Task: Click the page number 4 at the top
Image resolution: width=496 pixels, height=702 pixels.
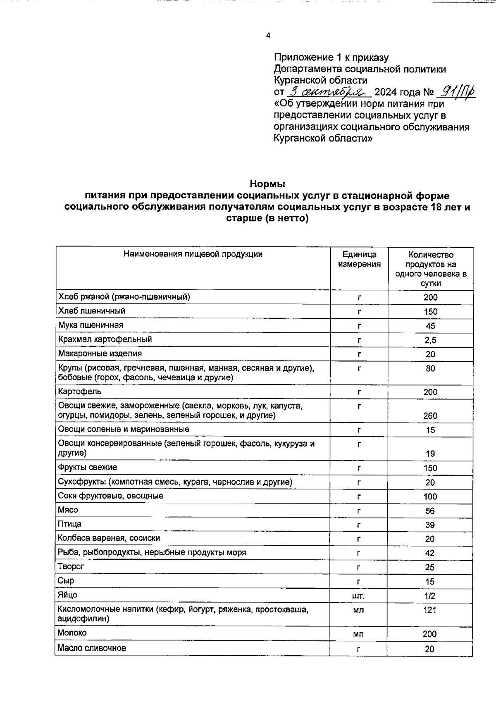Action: pos(268,36)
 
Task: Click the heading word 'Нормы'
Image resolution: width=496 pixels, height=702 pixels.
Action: pos(267,183)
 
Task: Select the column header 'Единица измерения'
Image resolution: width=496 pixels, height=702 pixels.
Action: pos(359,259)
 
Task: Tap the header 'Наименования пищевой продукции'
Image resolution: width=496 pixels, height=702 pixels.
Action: pos(193,254)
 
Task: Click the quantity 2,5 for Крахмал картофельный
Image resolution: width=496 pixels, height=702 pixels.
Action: pos(430,340)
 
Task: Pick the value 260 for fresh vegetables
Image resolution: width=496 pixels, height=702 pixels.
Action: pos(430,415)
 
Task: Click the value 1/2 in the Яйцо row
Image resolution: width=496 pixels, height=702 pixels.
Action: pos(430,596)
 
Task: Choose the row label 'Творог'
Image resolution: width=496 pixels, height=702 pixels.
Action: pos(71,566)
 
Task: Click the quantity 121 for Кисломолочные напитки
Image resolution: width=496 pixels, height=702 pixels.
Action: pos(430,610)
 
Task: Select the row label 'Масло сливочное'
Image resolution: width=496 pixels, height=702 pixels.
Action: pos(92,648)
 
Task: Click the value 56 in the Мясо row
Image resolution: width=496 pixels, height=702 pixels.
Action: pos(430,511)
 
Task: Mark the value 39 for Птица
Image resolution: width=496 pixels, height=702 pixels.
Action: pos(430,525)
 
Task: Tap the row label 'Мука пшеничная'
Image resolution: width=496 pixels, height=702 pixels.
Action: pos(91,325)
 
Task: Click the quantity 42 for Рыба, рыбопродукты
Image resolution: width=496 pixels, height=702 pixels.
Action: pos(430,553)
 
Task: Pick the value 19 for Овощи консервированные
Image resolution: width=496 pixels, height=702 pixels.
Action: pos(430,454)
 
